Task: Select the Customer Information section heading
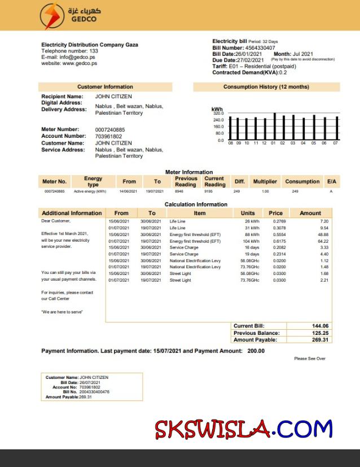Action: [x=105, y=87]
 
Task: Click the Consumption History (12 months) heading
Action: [x=266, y=87]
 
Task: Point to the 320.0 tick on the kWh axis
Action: [x=219, y=114]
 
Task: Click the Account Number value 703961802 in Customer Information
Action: [x=108, y=137]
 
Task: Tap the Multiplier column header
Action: [x=265, y=182]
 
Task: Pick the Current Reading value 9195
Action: [x=208, y=191]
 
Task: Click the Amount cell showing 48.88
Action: [x=323, y=234]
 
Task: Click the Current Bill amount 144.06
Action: [x=320, y=326]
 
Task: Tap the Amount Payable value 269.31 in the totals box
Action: [x=320, y=340]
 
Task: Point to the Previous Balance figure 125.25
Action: [x=320, y=333]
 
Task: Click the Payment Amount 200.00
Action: [x=256, y=351]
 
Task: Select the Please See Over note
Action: [x=309, y=359]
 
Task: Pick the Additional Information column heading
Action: [x=72, y=213]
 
